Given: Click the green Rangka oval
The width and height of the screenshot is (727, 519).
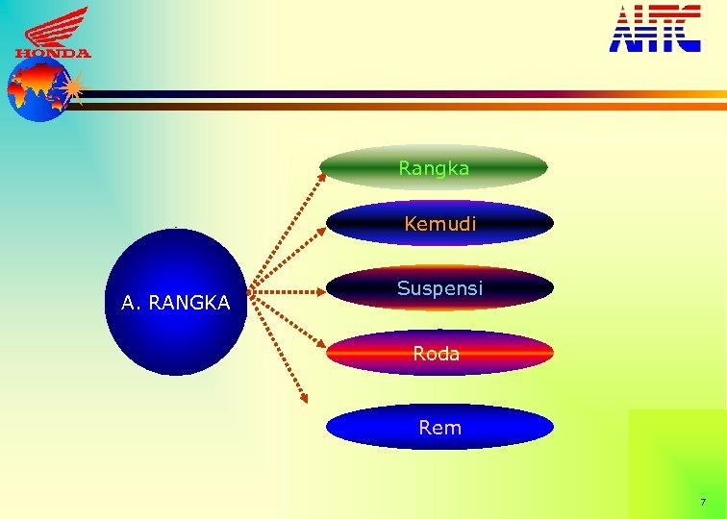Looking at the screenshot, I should click(434, 167).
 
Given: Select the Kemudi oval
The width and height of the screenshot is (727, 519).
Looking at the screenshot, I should click(440, 223).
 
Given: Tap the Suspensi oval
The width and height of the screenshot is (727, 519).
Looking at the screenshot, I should click(440, 287).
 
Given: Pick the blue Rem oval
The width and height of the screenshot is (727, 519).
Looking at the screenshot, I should click(439, 427).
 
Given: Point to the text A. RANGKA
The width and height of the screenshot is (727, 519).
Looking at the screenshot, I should click(176, 304).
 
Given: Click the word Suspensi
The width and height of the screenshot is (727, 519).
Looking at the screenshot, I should click(440, 287).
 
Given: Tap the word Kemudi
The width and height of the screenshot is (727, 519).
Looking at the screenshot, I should click(440, 224).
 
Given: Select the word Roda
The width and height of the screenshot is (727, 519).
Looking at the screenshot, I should click(437, 354).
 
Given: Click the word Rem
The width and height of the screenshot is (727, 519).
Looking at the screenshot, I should click(440, 428).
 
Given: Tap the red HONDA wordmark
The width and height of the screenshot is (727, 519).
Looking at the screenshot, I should click(53, 54).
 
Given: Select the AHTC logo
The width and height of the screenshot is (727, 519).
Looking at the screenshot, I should click(655, 28).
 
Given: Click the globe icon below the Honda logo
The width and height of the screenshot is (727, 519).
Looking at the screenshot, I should click(37, 91).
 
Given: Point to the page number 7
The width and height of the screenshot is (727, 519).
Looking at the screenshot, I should click(703, 503).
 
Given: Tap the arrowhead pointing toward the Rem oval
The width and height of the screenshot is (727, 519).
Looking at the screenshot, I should click(304, 395).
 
